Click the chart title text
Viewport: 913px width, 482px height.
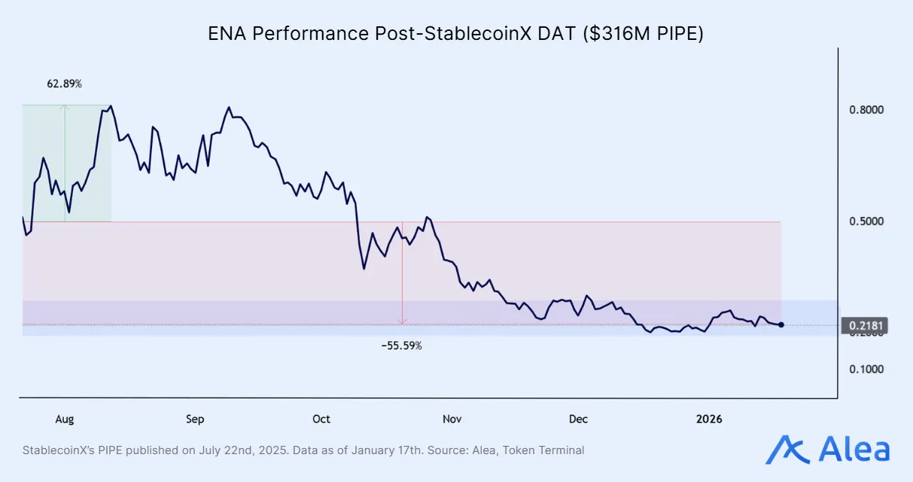[x=455, y=34]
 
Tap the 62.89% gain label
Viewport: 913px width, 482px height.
[x=65, y=84]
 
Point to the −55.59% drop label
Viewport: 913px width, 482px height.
[x=402, y=346]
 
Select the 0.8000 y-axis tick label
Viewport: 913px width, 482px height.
[x=866, y=110]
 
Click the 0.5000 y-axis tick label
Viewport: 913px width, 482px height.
[x=866, y=221]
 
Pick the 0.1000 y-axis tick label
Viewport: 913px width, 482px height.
[x=866, y=369]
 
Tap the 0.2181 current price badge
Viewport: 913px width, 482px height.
[x=867, y=325]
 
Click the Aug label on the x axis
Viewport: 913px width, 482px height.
[x=65, y=419]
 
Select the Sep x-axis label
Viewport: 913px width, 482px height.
[x=194, y=419]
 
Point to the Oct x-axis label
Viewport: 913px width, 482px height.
[x=321, y=419]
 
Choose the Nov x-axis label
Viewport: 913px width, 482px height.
[x=452, y=419]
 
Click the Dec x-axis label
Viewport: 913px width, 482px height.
[x=578, y=419]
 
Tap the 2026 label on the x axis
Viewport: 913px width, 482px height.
[x=709, y=419]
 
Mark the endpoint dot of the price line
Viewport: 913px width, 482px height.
[x=781, y=325]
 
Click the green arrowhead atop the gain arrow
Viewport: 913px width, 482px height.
[x=65, y=108]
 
